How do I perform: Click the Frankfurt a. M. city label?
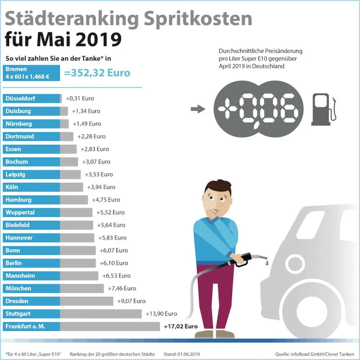pos(26,326)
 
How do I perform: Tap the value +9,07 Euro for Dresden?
pos(131,301)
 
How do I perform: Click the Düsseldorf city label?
pos(20,98)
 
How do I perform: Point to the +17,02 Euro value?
pos(181,326)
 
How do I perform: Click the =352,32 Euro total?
pos(97,73)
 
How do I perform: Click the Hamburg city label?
pos(18,200)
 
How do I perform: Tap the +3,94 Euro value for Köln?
pos(101,187)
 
